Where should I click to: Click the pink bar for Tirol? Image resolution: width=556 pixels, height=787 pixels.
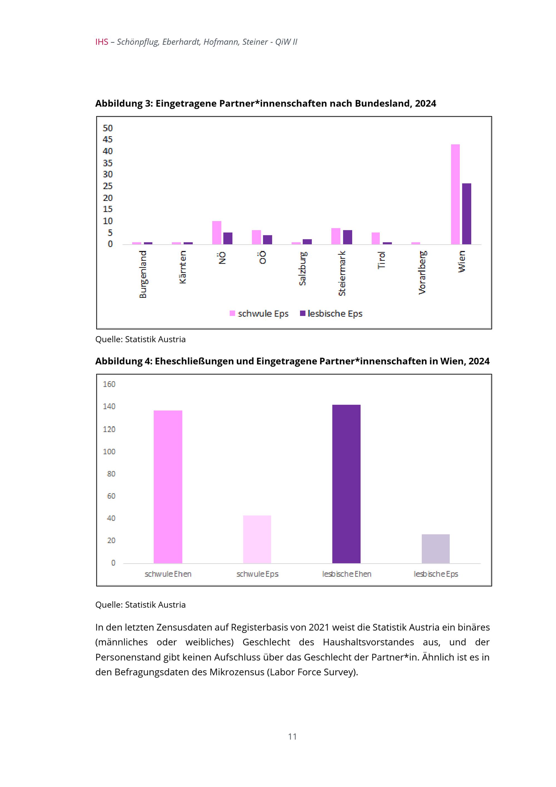coord(376,238)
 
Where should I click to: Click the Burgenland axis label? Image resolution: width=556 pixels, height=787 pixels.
coord(143,274)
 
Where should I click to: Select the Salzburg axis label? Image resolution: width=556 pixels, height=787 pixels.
coord(302,268)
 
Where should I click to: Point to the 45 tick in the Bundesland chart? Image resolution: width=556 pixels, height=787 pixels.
coord(108,140)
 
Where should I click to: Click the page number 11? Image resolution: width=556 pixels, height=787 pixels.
coord(292,736)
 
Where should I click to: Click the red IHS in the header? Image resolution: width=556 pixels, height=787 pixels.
coord(102,42)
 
